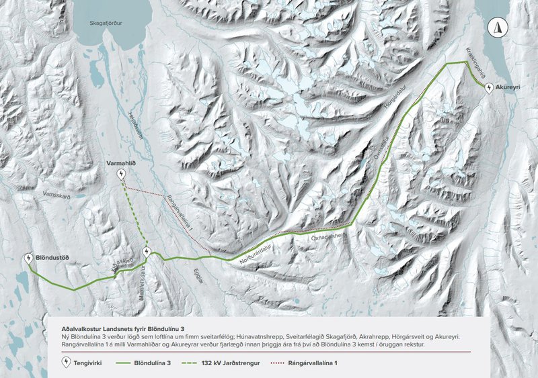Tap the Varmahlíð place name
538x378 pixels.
(121, 163)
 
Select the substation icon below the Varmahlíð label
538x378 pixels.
(121, 175)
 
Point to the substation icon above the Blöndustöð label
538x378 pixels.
(28, 258)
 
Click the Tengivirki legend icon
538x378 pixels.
(66, 362)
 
